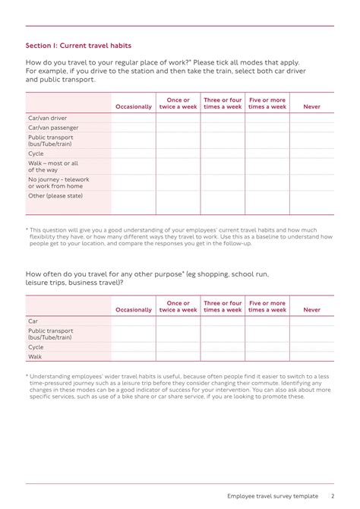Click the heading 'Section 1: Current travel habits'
click(78, 46)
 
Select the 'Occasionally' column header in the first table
click(134, 107)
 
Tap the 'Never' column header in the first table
click(311, 107)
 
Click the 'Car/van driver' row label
click(48, 119)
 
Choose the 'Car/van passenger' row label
click(53, 128)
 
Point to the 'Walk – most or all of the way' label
click(53, 166)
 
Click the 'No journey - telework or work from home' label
click(58, 182)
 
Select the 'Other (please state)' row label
click(55, 196)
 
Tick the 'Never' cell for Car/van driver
click(311, 119)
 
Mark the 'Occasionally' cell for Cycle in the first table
click(134, 153)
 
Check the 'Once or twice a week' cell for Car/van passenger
click(178, 128)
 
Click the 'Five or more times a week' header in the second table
click(267, 306)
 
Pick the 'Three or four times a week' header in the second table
click(223, 306)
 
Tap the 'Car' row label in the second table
click(33, 321)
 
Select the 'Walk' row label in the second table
click(36, 356)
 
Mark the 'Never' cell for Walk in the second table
click(311, 356)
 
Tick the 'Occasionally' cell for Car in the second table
click(134, 321)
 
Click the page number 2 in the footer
click(332, 496)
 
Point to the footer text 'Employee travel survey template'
click(273, 496)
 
